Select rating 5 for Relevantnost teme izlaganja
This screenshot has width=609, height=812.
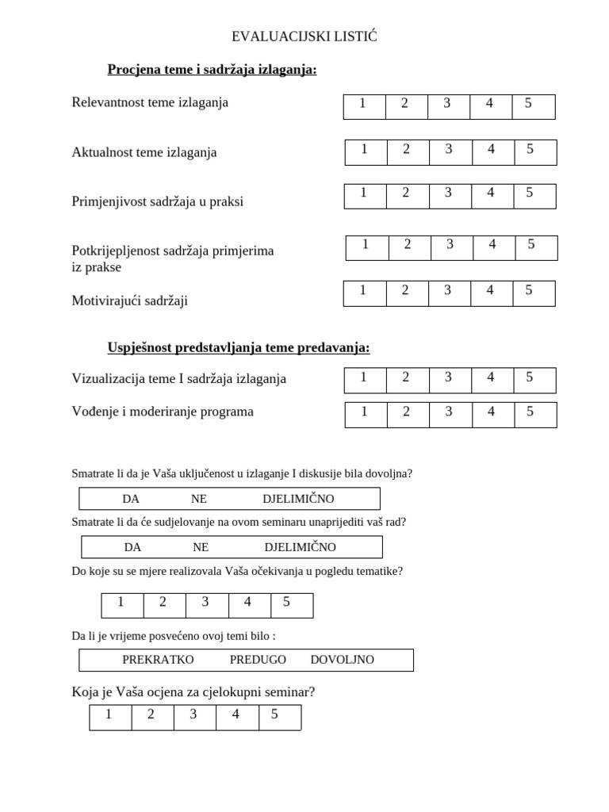[529, 104]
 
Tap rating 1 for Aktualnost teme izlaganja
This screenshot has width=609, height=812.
[365, 149]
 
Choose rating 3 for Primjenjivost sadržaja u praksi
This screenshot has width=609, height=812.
[449, 193]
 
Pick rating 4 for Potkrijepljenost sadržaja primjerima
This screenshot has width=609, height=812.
[492, 245]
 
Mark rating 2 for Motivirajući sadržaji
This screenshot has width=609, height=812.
[405, 291]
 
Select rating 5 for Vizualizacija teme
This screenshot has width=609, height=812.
[530, 378]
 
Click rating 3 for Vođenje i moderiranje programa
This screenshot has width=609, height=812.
[449, 412]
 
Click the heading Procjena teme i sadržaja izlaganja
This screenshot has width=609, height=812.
[212, 70]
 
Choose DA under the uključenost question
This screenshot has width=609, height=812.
[131, 499]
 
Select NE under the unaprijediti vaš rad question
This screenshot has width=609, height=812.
[201, 547]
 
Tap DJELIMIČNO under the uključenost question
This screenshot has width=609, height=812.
[298, 499]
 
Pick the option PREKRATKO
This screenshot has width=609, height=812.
[158, 660]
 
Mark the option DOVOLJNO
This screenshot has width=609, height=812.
[342, 660]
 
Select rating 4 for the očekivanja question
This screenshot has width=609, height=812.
[248, 603]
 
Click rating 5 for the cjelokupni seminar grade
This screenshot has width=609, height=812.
[275, 715]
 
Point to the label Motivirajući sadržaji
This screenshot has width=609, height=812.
[129, 301]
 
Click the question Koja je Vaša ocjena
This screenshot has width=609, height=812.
[193, 692]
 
